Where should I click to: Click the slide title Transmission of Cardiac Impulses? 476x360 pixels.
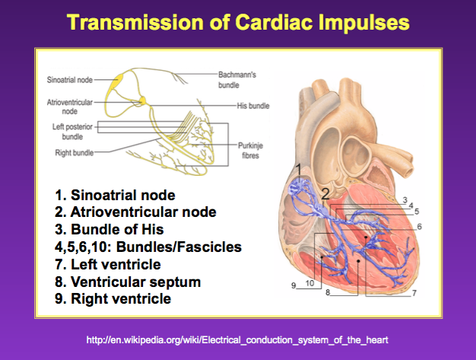[237, 22]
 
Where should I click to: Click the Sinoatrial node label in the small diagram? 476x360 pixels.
[70, 78]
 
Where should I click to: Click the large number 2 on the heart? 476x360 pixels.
[325, 194]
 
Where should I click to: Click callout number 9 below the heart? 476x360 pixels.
[294, 285]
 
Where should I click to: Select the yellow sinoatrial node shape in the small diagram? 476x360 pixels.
[119, 84]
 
